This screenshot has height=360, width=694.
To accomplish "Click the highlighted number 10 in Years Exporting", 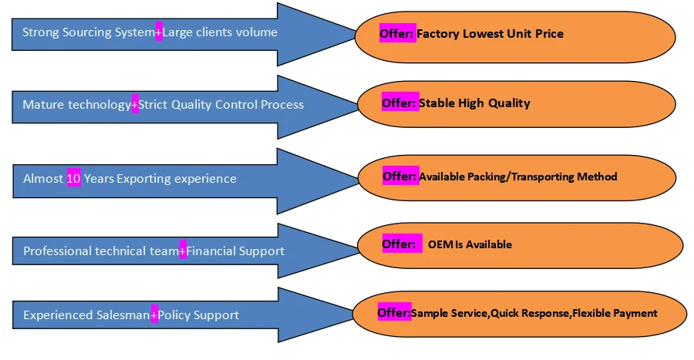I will pos(74,179).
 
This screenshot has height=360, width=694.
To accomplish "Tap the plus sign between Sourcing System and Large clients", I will pos(159,32).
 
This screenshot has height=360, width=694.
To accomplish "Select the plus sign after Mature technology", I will pos(135,105).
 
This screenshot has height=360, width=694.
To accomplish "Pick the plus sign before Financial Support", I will pos(183,251).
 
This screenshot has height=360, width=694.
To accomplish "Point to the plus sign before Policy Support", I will pos(154,315).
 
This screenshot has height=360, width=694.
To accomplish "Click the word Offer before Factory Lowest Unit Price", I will pos(397,34).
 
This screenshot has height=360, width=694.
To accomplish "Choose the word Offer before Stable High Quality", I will pos(399,103).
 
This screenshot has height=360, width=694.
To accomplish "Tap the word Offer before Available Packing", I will pos(399,177).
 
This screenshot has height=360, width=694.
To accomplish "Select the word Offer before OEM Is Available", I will pos(399,244).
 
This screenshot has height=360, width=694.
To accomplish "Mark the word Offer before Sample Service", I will pos(393,313).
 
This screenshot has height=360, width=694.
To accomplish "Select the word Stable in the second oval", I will pos(436,103).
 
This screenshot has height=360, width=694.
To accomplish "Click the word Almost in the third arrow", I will pos(42,179).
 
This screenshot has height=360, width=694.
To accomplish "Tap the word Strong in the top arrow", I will pos(39,32).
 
